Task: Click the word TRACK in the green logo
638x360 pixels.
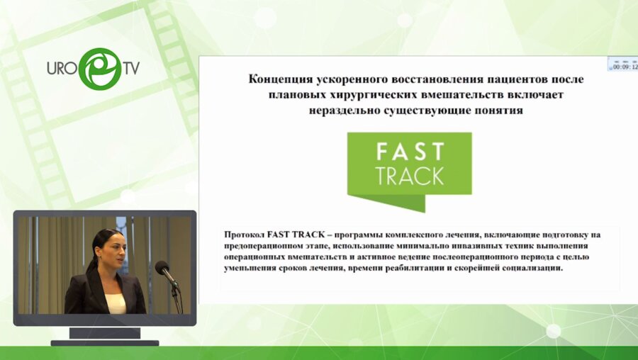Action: [x=410, y=175]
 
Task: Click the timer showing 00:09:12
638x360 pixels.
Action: [x=625, y=67]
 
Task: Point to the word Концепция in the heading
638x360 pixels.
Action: [x=282, y=79]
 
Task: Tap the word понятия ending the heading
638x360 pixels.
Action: [x=497, y=110]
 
